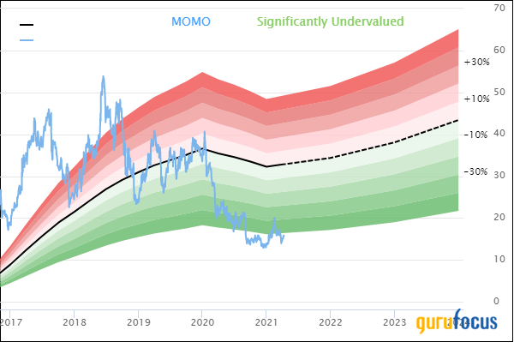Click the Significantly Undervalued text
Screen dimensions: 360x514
click(x=330, y=21)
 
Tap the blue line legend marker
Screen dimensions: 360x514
click(x=27, y=40)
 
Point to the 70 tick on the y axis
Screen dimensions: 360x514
click(x=499, y=8)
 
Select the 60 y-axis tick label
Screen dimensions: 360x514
click(x=499, y=50)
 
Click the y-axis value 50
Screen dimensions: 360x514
click(x=499, y=92)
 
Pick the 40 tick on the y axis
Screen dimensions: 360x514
click(x=499, y=134)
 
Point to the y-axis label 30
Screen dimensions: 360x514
click(x=499, y=176)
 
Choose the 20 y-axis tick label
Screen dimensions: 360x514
click(x=499, y=218)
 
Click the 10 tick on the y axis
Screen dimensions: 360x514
click(x=499, y=259)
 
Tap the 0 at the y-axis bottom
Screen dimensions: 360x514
click(x=499, y=301)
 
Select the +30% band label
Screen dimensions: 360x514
click(x=476, y=62)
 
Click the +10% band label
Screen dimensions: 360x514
click(x=476, y=99)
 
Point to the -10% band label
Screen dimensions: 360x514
click(x=476, y=135)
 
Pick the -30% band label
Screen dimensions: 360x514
click(x=476, y=171)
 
